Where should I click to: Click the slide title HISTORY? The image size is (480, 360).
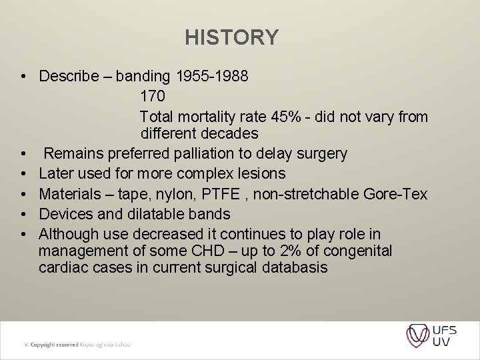point(232,37)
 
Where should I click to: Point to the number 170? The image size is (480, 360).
point(153,97)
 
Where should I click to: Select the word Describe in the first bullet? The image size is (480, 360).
point(67,76)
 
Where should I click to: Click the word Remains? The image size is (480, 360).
point(72,154)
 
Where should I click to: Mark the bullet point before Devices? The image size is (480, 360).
point(23,215)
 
